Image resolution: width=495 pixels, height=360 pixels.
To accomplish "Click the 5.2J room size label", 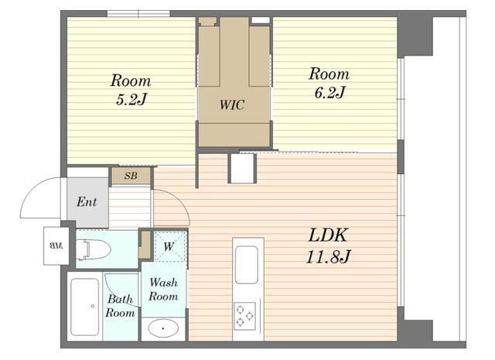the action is pyautogui.click(x=131, y=100).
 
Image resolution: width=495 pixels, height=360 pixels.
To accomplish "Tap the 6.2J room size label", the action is pyautogui.click(x=329, y=92).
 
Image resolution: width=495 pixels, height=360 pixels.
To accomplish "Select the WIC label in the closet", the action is pyautogui.click(x=232, y=105).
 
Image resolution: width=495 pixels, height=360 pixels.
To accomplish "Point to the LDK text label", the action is pyautogui.click(x=328, y=235).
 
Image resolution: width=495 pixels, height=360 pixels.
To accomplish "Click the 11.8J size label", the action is pyautogui.click(x=328, y=257).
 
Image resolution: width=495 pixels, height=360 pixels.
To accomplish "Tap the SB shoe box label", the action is pyautogui.click(x=131, y=176).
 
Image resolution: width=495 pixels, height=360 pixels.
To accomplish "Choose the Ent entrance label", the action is pyautogui.click(x=87, y=201).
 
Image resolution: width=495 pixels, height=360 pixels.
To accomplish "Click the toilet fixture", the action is pyautogui.click(x=94, y=250).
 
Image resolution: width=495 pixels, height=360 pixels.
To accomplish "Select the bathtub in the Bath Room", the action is pyautogui.click(x=84, y=307).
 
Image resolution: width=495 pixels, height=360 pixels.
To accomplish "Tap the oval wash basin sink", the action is pyautogui.click(x=163, y=328).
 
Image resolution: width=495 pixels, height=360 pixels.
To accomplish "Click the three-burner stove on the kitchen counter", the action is pyautogui.click(x=244, y=316).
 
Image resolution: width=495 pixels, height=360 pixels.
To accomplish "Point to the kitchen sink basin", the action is pyautogui.click(x=247, y=265).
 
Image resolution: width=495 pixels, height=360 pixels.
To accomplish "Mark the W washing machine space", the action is pyautogui.click(x=169, y=246).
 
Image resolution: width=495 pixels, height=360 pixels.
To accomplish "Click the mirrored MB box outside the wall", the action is pyautogui.click(x=56, y=245).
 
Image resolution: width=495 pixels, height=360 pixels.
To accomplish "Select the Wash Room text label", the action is pyautogui.click(x=163, y=290).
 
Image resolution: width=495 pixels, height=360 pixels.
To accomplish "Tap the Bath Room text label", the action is pyautogui.click(x=120, y=306).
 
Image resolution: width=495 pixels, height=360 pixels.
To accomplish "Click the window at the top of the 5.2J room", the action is pyautogui.click(x=138, y=13).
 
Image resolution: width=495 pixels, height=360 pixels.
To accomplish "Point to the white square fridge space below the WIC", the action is pyautogui.click(x=242, y=169).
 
